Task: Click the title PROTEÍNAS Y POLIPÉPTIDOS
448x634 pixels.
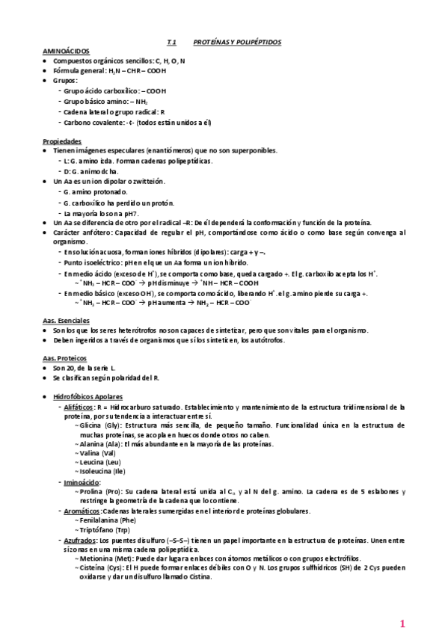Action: [x=236, y=43]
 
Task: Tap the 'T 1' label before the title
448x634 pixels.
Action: [x=171, y=43]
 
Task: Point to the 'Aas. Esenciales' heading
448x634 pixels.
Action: [x=68, y=320]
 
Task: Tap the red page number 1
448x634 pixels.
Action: [x=402, y=624]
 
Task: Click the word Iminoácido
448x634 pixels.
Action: [x=82, y=483]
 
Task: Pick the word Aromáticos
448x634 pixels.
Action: [x=82, y=511]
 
